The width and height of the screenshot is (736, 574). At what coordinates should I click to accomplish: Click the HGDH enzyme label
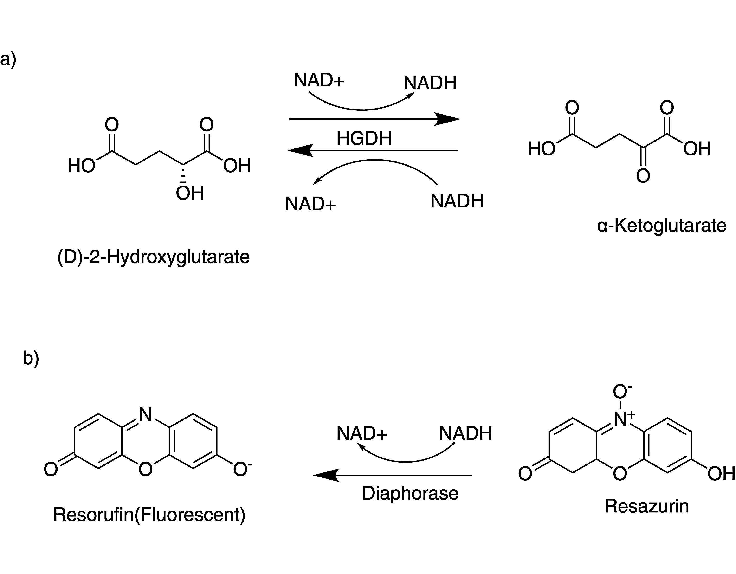364,138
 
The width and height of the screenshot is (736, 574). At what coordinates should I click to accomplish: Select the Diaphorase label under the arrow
410,493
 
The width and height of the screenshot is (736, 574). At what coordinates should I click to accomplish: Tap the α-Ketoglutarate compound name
662,226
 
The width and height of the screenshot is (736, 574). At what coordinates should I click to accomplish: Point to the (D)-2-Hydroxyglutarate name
154,257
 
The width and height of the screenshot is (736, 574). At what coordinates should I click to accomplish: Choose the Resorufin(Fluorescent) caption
149,515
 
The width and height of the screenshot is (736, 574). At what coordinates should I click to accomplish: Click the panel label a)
8,60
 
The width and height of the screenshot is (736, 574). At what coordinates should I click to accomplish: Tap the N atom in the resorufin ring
146,415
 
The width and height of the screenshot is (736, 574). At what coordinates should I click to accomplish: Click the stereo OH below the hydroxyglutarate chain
190,193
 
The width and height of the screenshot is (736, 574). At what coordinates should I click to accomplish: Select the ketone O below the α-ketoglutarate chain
643,176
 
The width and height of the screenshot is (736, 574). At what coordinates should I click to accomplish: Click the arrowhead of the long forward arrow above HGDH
448,119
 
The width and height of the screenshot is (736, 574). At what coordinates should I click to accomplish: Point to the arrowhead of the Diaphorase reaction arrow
325,475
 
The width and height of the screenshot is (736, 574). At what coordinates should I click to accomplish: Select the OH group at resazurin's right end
721,474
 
